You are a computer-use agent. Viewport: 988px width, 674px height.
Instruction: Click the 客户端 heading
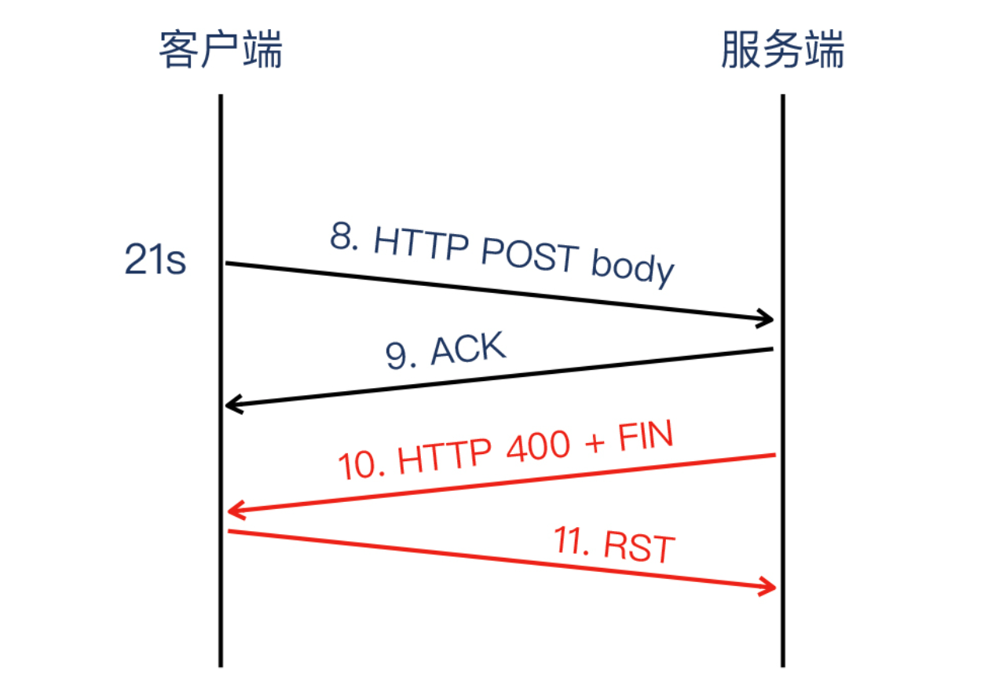[220, 51]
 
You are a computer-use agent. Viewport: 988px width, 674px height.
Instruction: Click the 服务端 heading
[782, 51]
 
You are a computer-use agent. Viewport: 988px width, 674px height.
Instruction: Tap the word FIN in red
[646, 436]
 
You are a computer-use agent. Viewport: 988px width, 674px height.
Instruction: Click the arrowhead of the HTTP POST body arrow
[767, 319]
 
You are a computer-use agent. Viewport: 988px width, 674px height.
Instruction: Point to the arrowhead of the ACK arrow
[233, 405]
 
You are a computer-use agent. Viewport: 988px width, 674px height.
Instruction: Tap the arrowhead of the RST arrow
[768, 587]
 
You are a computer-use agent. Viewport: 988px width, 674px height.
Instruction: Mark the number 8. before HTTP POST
[344, 238]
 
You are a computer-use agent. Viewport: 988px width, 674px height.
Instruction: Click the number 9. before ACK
[401, 357]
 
